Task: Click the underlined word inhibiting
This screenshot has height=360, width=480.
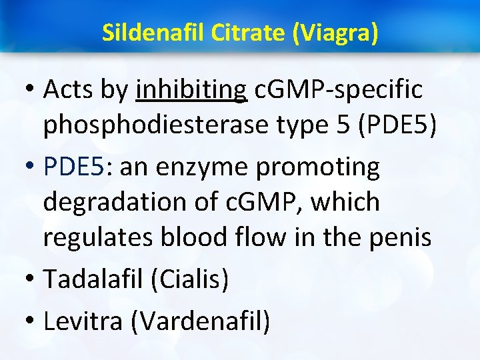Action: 191,90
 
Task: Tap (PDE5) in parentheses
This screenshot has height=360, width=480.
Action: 397,127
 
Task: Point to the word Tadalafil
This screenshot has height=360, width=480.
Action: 93,278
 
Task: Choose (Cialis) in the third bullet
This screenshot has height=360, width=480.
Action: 190,278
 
